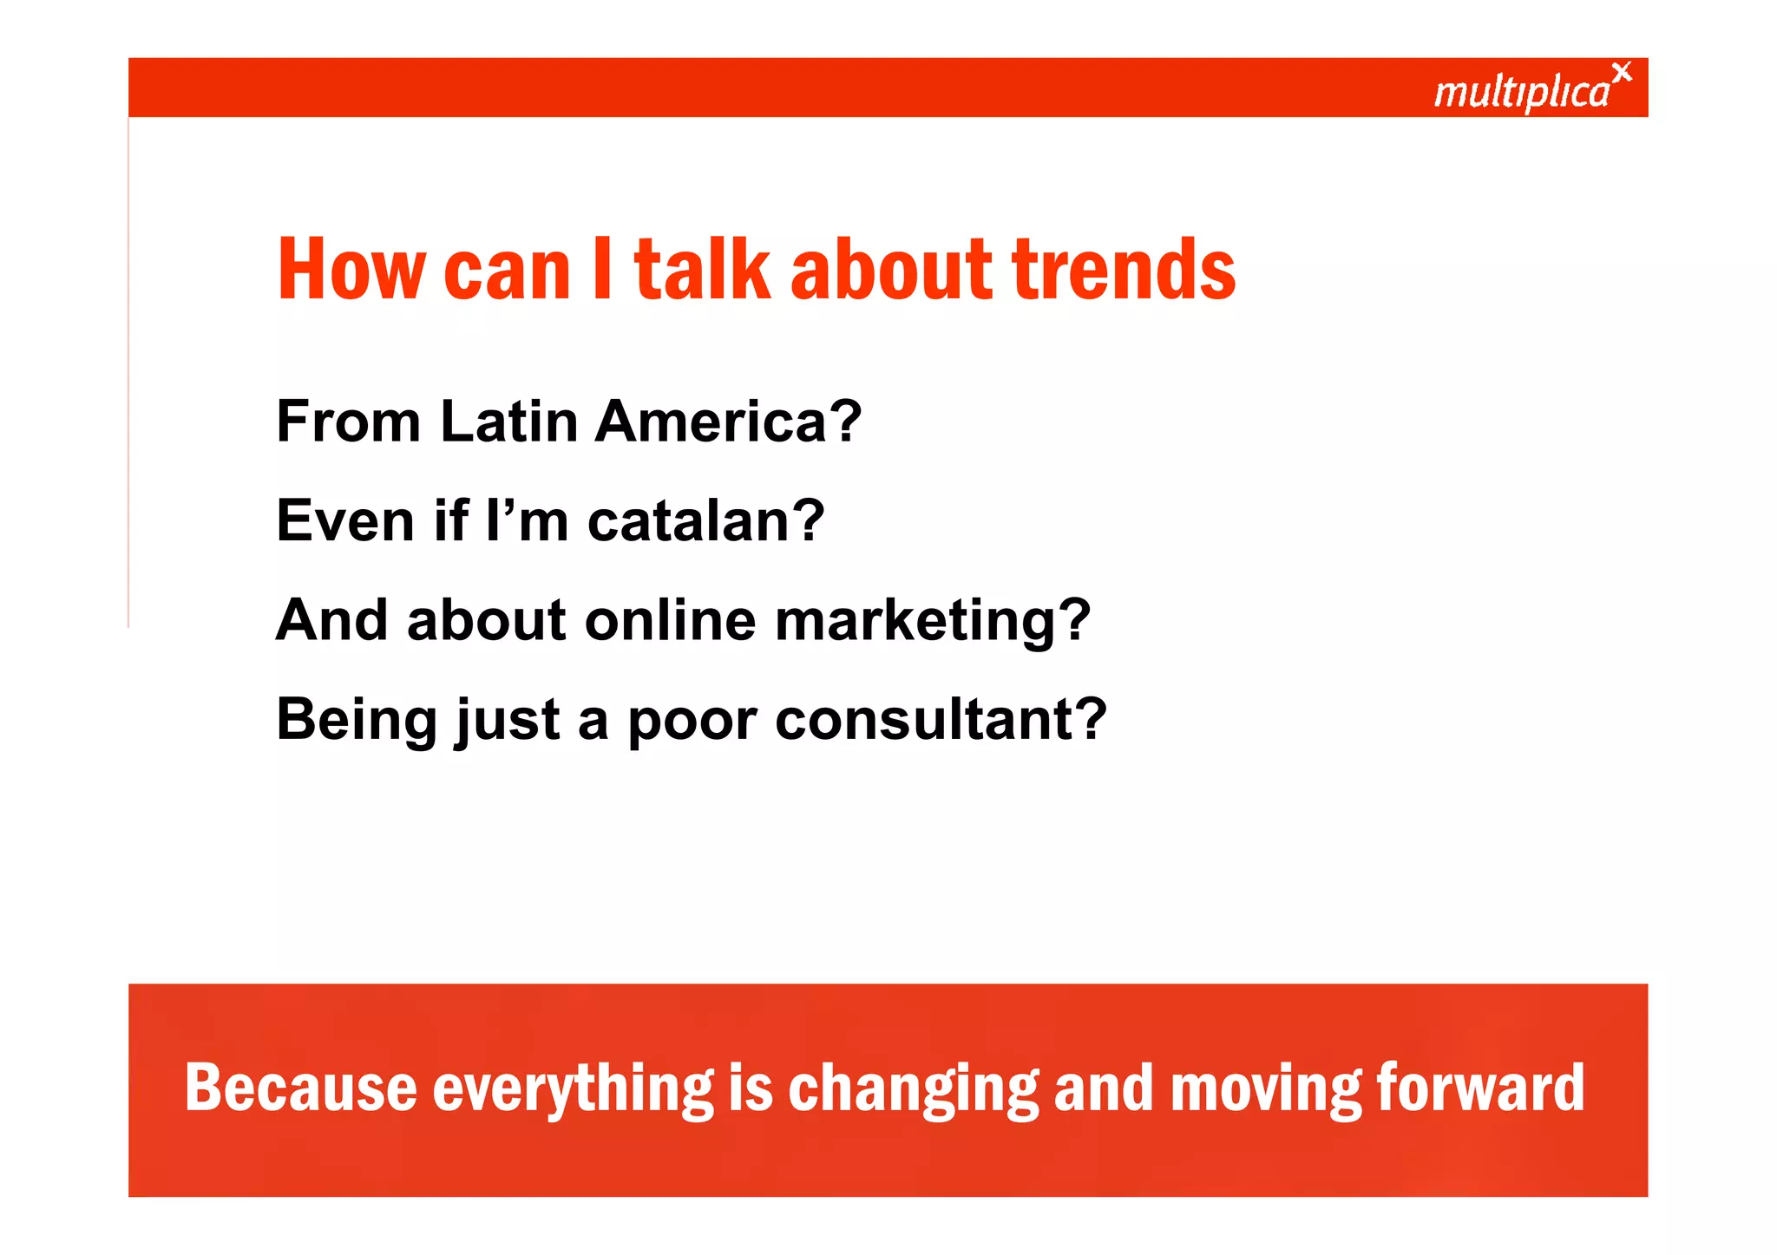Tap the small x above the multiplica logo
coord(1621,72)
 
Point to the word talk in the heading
coord(702,270)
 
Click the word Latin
coord(509,422)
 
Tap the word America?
coord(728,422)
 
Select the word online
coord(670,621)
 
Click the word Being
coord(357,722)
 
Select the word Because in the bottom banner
coord(301,1088)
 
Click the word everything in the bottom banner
coord(573,1089)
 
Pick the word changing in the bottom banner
coord(913,1089)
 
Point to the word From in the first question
coord(348,422)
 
